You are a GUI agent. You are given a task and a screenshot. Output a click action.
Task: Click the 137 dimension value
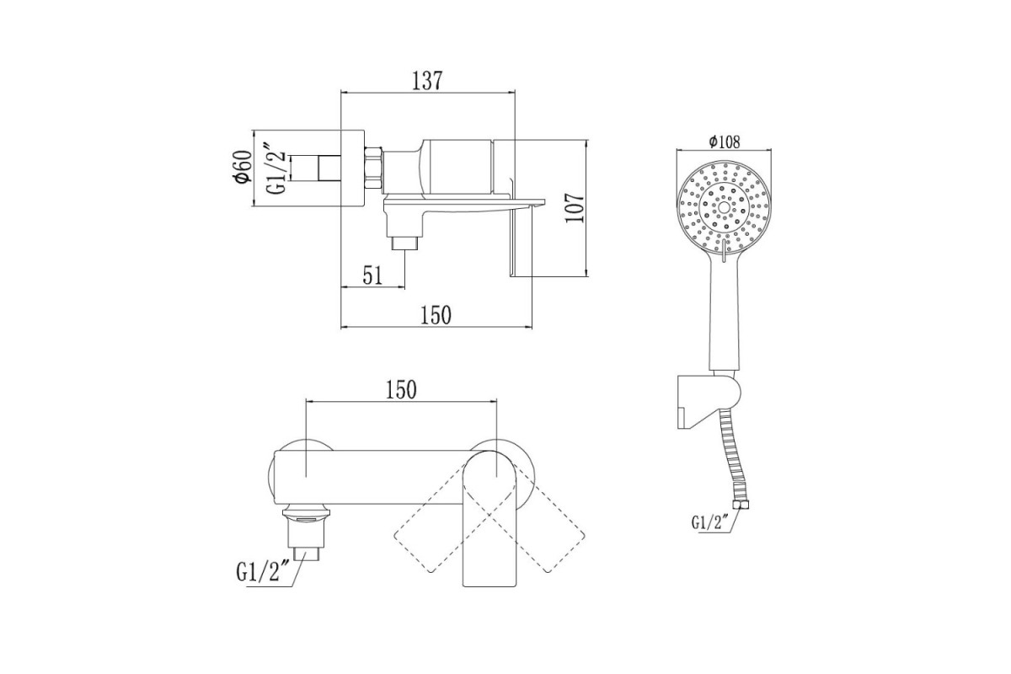(427, 81)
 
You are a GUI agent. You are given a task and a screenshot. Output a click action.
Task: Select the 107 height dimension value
(575, 207)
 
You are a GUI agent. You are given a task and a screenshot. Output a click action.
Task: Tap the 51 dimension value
(372, 275)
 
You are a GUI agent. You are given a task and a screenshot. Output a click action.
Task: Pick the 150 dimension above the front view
(401, 390)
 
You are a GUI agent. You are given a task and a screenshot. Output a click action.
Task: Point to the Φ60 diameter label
(243, 167)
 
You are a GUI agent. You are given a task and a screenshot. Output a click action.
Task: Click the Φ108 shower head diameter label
(725, 142)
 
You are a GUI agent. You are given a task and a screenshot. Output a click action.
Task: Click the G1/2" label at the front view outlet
(263, 573)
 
